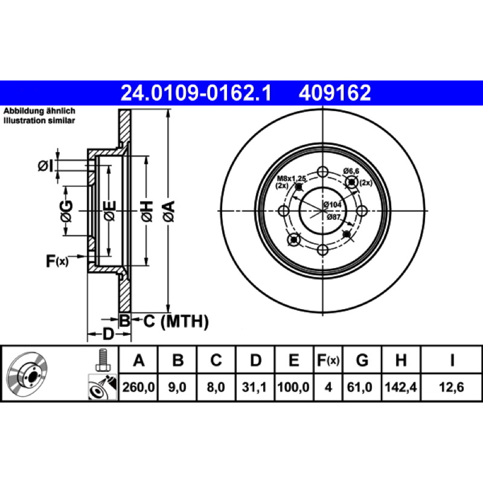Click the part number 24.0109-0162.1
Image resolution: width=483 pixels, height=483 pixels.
pos(196,93)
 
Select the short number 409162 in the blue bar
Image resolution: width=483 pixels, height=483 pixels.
pos(334,93)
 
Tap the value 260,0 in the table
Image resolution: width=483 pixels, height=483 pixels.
pos(138,387)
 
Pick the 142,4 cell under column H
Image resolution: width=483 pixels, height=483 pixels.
pos(401,387)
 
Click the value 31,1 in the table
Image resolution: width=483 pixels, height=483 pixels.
pos(254,387)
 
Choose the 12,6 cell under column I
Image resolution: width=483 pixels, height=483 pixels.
pos(451,387)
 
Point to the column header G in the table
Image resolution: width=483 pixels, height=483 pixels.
pos(362,360)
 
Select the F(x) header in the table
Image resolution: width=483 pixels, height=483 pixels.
pos(328,360)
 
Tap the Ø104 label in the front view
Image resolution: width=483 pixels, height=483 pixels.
pos(333,204)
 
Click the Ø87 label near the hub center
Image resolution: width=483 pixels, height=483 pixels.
pos(334,217)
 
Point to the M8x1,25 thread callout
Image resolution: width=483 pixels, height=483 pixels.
pos(292,178)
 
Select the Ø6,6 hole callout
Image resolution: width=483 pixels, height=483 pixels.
pos(351,171)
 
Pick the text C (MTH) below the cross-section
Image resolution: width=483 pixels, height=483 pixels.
pos(176,321)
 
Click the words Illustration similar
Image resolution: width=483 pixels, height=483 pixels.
pos(39,120)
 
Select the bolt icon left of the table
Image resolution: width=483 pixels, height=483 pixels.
pos(102,360)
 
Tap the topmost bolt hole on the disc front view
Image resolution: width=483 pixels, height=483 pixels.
pos(322,172)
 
